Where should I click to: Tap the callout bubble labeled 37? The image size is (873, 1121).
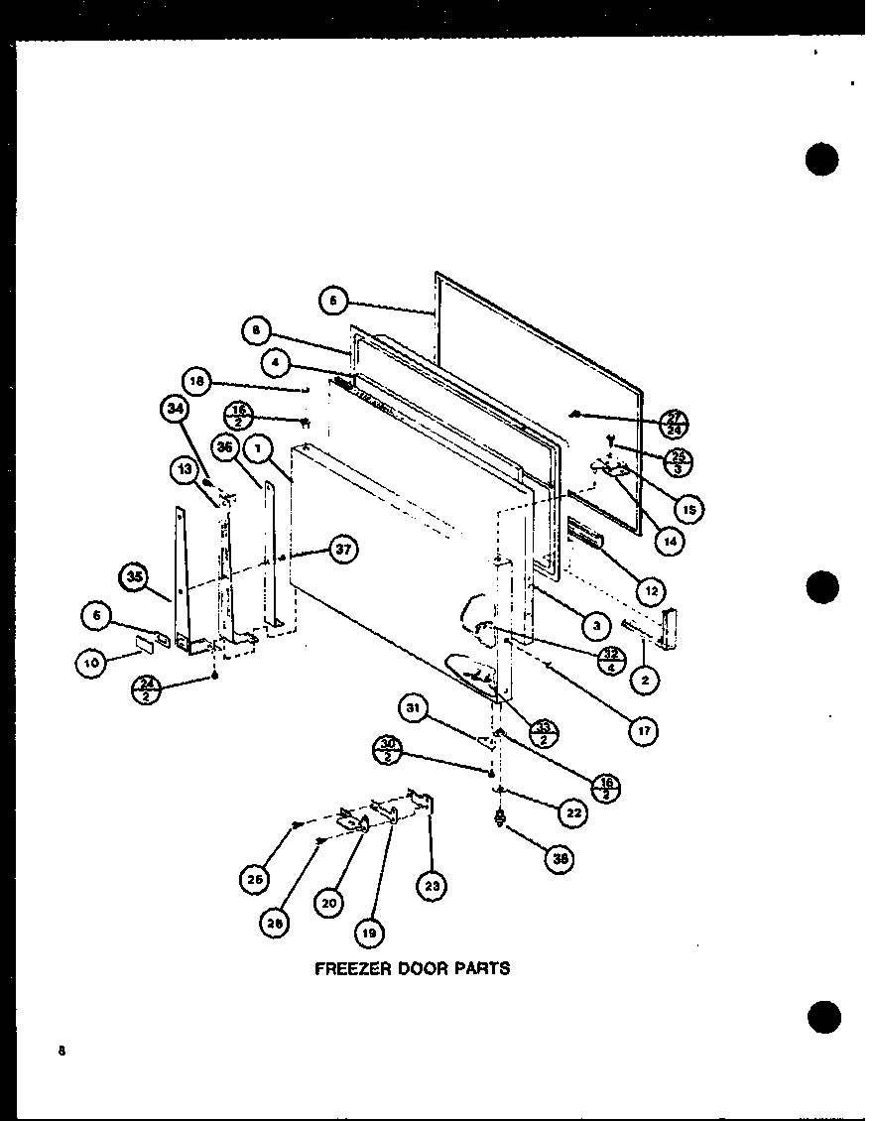coord(342,552)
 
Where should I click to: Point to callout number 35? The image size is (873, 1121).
coord(134,577)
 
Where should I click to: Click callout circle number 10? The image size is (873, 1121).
coord(91,665)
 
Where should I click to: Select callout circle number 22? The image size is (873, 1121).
coord(571,813)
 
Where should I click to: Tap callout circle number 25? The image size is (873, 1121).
coord(254,878)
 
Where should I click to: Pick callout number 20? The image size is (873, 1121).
coord(331,903)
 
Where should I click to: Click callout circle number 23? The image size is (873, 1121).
coord(432,886)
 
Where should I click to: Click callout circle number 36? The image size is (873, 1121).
coord(225,448)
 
